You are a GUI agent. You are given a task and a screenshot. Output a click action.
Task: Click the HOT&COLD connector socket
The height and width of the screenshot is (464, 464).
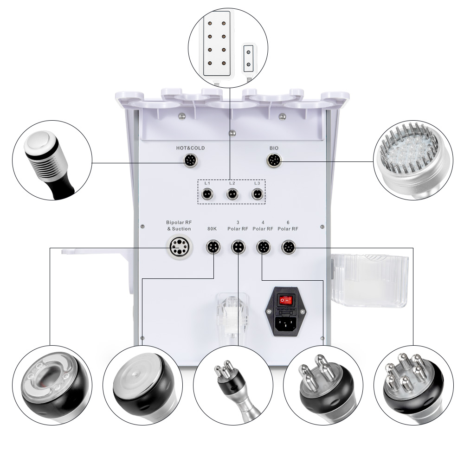coord(190,161)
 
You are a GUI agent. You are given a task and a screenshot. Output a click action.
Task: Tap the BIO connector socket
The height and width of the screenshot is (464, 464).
coord(273,161)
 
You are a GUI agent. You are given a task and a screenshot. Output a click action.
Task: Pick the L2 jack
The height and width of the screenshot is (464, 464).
coord(232,195)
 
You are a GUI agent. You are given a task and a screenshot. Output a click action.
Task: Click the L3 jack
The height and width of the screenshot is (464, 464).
coord(256,195)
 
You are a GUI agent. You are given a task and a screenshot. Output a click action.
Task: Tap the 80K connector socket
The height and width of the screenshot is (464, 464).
coord(213,247)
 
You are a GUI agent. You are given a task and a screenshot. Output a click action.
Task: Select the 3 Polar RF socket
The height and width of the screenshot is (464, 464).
coord(238,247)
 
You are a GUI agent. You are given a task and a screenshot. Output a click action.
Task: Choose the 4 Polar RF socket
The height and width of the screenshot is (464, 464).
coord(263,247)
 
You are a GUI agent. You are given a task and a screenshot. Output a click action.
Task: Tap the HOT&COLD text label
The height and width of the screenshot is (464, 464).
coord(190,148)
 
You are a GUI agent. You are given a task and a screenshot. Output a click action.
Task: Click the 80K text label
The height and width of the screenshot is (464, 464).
coord(213,228)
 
